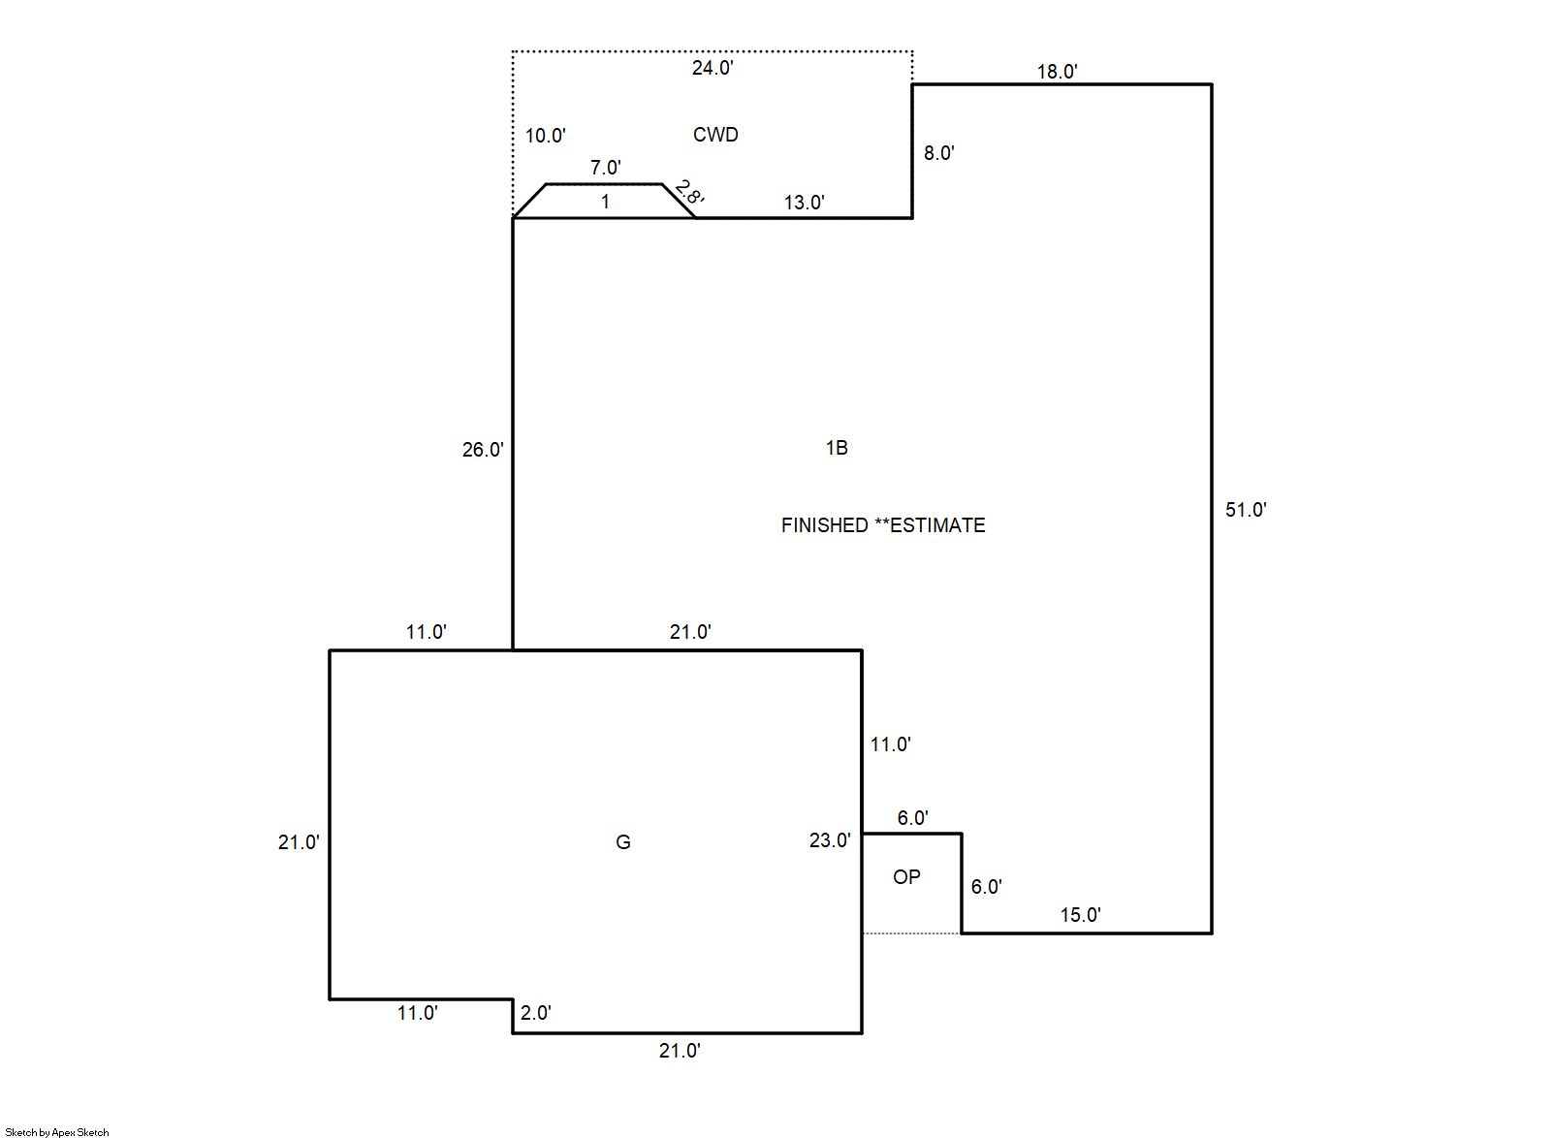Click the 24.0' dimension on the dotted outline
[713, 68]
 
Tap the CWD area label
[715, 135]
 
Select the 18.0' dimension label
[1057, 72]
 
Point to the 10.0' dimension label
[545, 136]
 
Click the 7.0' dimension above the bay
[606, 168]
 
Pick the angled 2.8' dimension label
[689, 192]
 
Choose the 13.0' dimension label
[804, 203]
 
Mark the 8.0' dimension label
[938, 153]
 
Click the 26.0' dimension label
[483, 450]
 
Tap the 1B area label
[837, 448]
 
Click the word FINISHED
[824, 525]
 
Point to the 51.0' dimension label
[1246, 510]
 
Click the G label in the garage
[623, 842]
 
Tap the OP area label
[906, 877]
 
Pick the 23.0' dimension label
[830, 841]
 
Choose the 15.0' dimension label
[1080, 915]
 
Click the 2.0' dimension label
[535, 1013]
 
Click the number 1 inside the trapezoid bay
[605, 202]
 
